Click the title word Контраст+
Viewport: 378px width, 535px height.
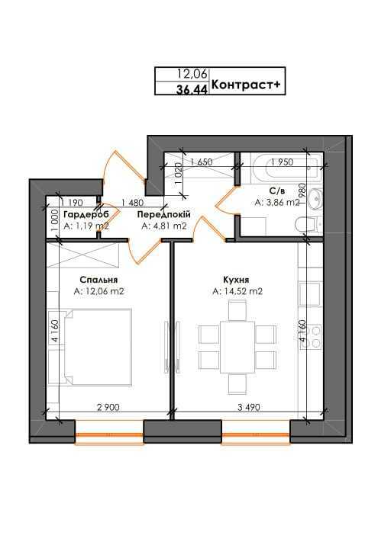tap(247, 86)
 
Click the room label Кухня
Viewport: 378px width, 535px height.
tap(237, 279)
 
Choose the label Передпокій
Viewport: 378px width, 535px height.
tap(163, 216)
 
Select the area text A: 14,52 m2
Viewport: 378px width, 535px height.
tap(238, 291)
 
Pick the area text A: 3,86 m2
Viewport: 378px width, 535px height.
tap(278, 203)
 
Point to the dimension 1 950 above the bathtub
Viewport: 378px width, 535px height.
tap(282, 162)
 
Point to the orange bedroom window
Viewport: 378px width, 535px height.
tap(109, 437)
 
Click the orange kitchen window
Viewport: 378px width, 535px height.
tap(256, 437)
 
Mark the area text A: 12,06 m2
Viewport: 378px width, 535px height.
tap(99, 291)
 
